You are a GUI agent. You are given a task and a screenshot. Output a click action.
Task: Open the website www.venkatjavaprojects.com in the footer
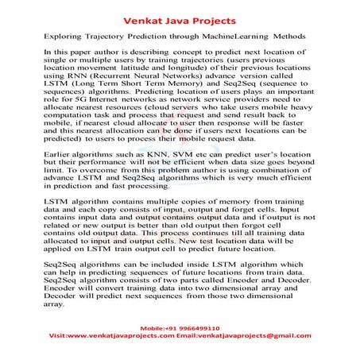pos(119,337)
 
